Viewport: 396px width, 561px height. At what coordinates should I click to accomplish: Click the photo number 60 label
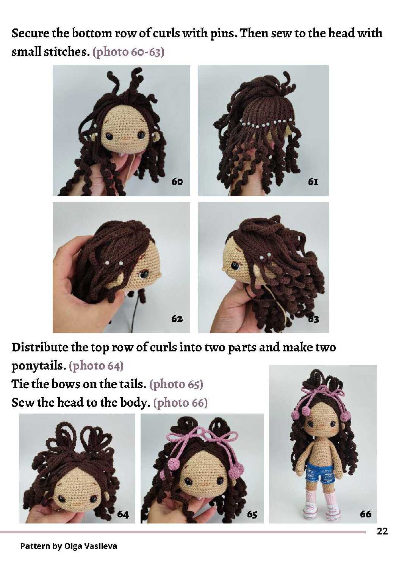pyautogui.click(x=177, y=182)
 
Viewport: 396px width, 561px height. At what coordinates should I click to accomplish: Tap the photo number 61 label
pyautogui.click(x=313, y=182)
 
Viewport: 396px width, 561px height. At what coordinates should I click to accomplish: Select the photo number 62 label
pyautogui.click(x=177, y=318)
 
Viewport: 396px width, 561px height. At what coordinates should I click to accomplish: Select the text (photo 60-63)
pyautogui.click(x=128, y=52)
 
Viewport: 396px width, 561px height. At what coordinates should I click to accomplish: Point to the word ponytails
pyautogui.click(x=39, y=366)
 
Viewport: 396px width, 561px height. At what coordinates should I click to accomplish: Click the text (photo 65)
pyautogui.click(x=176, y=384)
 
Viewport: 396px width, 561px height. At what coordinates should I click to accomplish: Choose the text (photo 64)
pyautogui.click(x=96, y=366)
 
